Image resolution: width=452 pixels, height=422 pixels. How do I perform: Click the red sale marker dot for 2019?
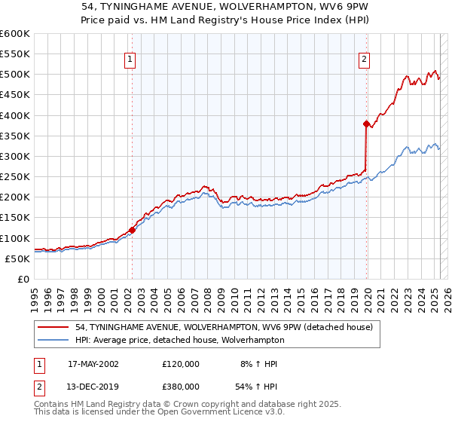click(366, 124)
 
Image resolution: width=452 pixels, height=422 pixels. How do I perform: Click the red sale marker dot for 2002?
click(132, 230)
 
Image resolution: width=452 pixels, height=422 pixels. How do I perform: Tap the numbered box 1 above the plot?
click(130, 60)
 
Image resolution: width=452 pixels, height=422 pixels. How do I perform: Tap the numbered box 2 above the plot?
click(365, 60)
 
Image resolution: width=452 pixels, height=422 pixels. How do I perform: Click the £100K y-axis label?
click(14, 238)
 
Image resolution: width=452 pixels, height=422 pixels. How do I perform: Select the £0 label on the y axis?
click(22, 279)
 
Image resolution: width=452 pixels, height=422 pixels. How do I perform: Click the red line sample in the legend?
click(53, 327)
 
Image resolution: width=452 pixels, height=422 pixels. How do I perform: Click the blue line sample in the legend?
click(53, 340)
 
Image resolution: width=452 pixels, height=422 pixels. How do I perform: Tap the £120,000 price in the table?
click(181, 364)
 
